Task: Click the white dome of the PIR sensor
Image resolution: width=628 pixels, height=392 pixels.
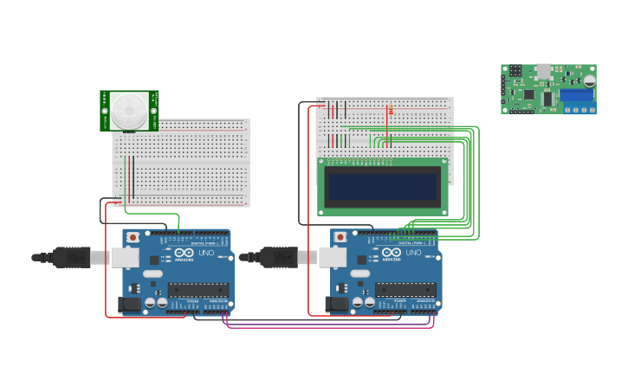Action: (129, 111)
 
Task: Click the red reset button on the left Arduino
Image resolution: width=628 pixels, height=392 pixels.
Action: (133, 236)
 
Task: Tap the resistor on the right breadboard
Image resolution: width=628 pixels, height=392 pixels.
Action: (391, 111)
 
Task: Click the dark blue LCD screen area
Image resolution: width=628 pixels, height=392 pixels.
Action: (382, 185)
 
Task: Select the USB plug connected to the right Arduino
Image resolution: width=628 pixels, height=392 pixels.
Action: (280, 257)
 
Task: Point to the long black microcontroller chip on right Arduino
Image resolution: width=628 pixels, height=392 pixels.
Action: (405, 289)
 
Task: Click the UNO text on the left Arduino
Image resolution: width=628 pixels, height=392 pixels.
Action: (207, 254)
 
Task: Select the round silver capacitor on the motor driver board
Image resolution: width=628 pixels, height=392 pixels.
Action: (589, 80)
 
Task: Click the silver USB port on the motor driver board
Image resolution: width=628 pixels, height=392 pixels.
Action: (543, 71)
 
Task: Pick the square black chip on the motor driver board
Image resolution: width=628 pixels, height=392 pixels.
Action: (528, 93)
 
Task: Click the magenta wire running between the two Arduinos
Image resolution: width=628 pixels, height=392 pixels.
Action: (329, 327)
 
